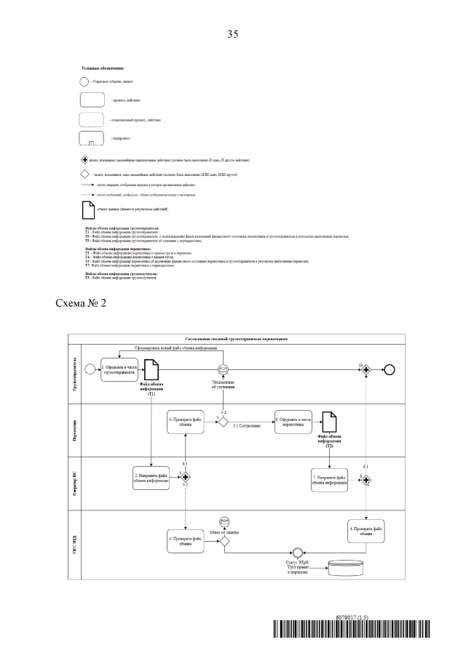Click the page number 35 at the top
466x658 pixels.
pos(233,33)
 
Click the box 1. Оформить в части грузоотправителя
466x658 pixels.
pos(116,368)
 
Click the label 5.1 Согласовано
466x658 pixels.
pos(248,426)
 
